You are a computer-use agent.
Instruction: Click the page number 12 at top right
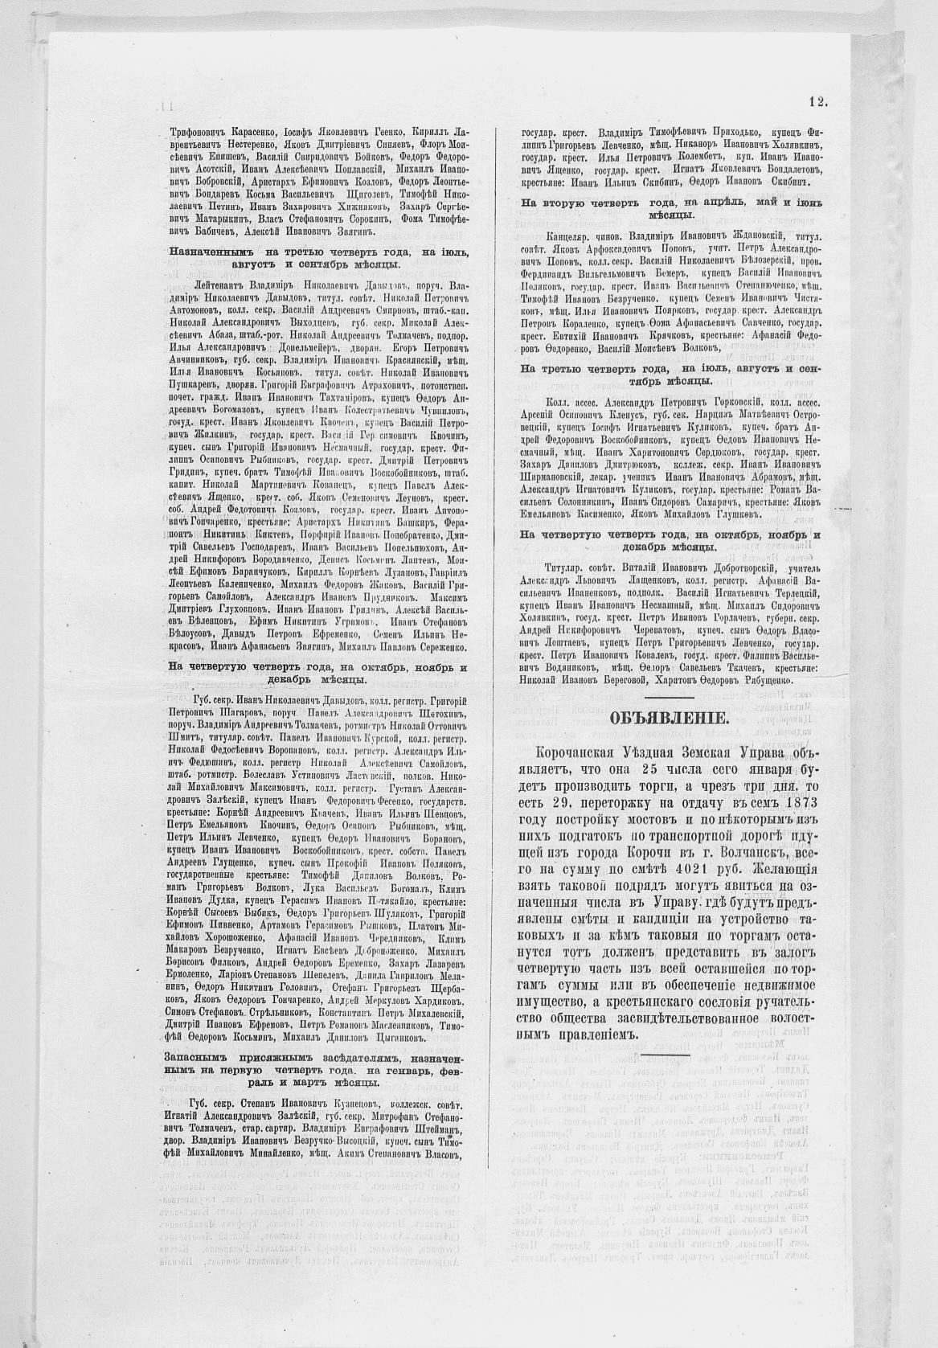(818, 102)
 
